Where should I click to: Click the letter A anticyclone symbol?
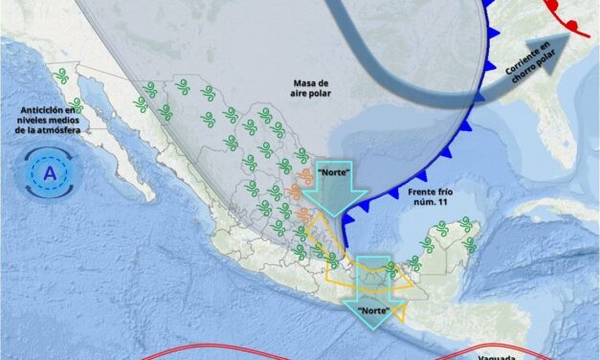[x=48, y=175]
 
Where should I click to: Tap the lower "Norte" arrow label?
[x=378, y=311]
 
